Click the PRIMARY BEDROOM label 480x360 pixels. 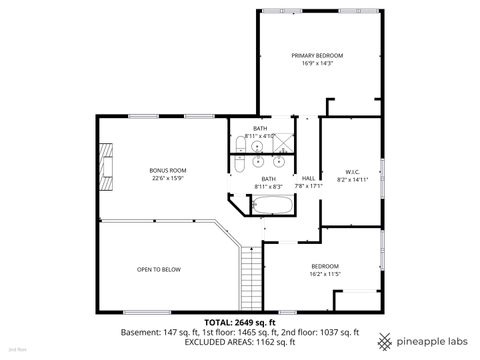coord(317,55)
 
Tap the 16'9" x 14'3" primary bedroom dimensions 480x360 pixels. coord(317,64)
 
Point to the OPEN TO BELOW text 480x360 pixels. coord(159,269)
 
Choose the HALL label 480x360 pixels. coord(308,177)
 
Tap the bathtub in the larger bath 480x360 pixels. coord(271,207)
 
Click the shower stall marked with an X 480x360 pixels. coord(282,142)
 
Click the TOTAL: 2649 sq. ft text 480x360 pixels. coord(239,322)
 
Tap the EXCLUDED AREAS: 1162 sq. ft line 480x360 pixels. coord(239,342)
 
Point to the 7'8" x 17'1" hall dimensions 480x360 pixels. coord(308,186)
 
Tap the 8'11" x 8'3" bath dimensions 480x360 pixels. coord(268,186)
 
